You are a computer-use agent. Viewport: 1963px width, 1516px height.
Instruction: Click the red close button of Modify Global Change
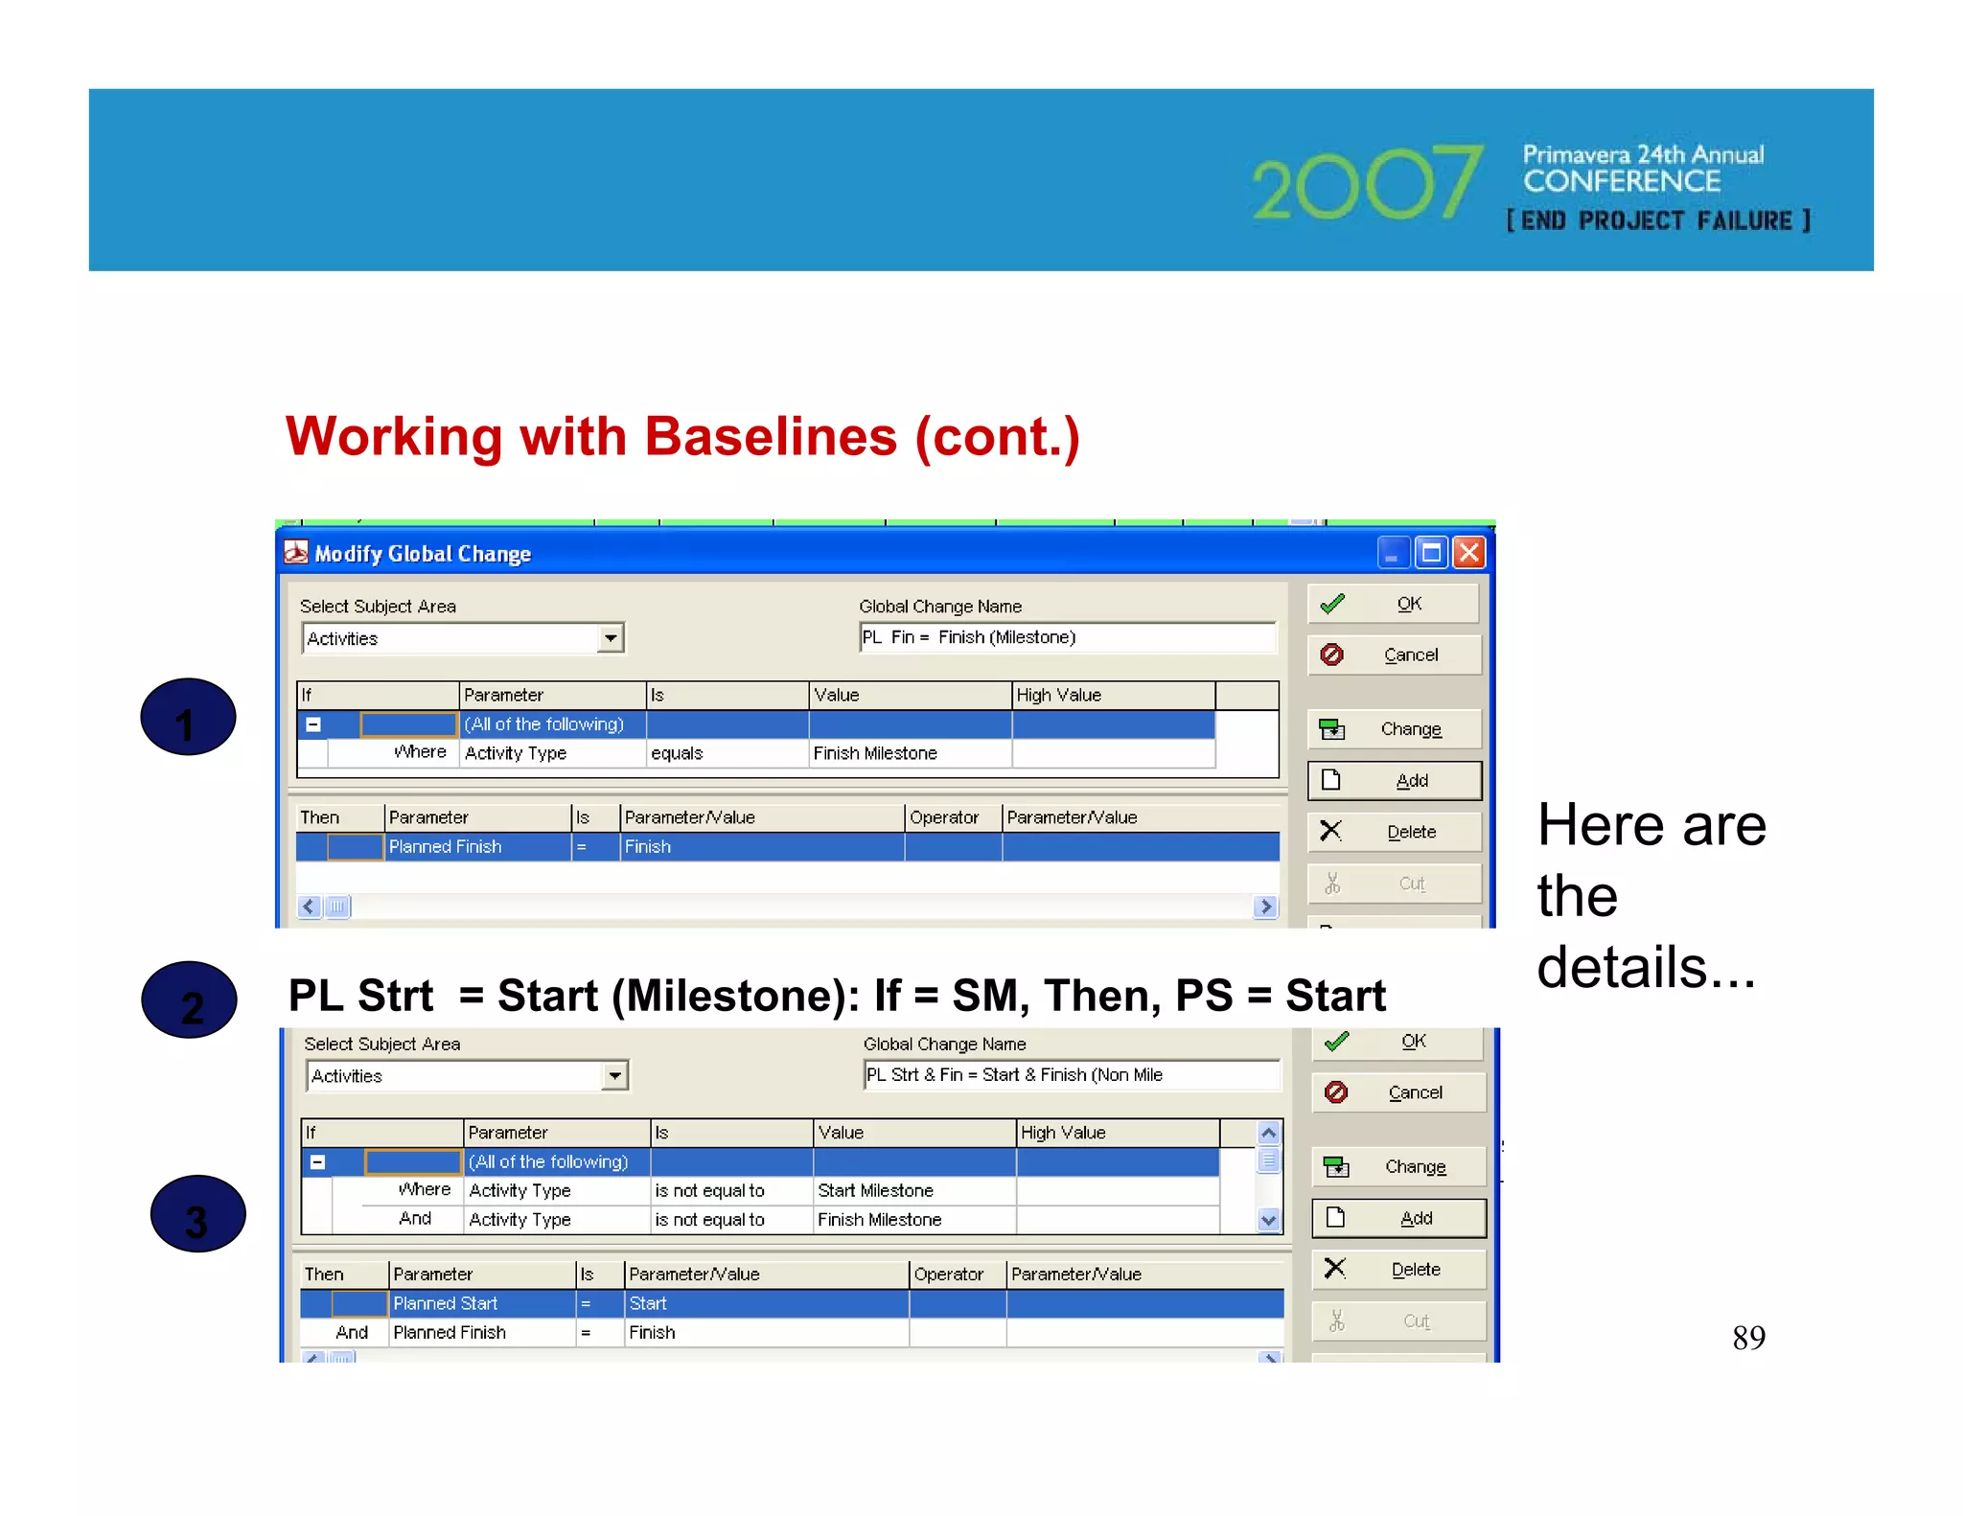(1468, 553)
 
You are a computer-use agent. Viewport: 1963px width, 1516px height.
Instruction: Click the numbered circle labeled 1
(188, 718)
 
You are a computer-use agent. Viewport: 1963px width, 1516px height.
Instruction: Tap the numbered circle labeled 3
(197, 1214)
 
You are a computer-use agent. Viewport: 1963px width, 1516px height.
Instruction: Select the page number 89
(1748, 1337)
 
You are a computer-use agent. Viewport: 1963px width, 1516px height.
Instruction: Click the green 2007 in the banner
(1366, 183)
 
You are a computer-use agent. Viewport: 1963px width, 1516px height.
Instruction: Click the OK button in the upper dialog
(1394, 604)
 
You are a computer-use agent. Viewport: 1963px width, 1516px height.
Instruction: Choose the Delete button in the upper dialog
(1395, 832)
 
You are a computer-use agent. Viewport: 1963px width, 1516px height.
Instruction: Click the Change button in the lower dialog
(1398, 1166)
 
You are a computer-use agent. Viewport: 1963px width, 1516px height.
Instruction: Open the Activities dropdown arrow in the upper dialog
(611, 638)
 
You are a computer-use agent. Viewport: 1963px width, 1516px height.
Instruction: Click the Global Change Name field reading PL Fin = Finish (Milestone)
(1066, 637)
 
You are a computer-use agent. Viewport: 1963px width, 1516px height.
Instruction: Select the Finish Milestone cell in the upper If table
(909, 753)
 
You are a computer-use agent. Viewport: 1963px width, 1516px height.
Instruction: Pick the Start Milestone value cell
(912, 1190)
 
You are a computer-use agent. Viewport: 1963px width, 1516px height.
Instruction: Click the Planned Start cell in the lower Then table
(481, 1303)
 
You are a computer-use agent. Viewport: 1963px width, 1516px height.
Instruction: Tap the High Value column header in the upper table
(1112, 695)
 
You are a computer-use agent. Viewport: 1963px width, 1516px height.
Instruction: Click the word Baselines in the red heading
(770, 437)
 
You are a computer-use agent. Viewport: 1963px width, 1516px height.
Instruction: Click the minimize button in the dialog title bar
(1391, 553)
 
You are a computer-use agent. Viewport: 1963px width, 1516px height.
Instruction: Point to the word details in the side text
(1622, 968)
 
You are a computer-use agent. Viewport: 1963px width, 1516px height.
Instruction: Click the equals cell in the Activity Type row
(726, 753)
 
